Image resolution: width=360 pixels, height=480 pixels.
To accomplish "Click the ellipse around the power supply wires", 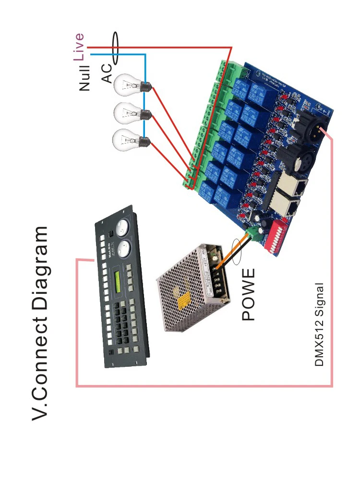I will click(x=237, y=252).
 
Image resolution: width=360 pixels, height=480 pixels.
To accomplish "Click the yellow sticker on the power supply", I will click(x=183, y=300).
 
